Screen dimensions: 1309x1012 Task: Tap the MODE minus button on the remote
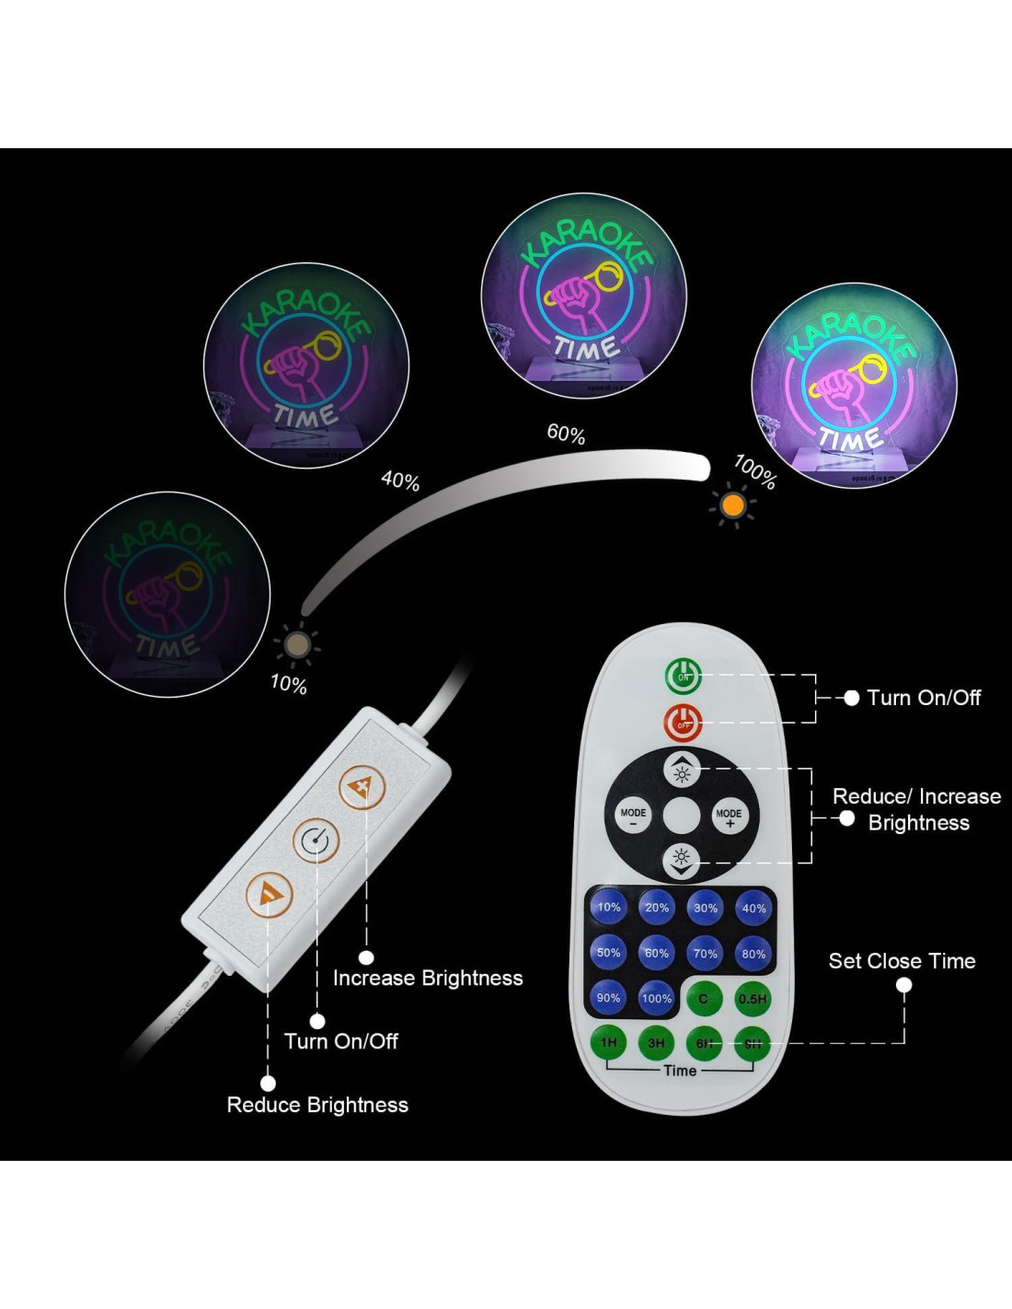pyautogui.click(x=633, y=816)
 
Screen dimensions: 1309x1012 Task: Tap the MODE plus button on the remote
pyautogui.click(x=729, y=816)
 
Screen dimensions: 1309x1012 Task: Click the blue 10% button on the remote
pyautogui.click(x=608, y=908)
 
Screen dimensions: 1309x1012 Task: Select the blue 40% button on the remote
pyautogui.click(x=753, y=909)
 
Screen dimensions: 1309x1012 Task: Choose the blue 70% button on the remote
pyautogui.click(x=705, y=954)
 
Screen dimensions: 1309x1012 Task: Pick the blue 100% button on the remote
pyautogui.click(x=656, y=999)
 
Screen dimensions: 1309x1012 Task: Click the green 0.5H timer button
pyautogui.click(x=753, y=999)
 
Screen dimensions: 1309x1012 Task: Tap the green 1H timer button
pyautogui.click(x=608, y=1043)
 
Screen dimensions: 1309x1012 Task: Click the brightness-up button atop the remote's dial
pyautogui.click(x=682, y=770)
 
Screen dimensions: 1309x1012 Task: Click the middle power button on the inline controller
pyautogui.click(x=316, y=840)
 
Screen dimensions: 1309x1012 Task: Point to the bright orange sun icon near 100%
pyautogui.click(x=733, y=504)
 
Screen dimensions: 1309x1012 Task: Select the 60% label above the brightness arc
pyautogui.click(x=566, y=433)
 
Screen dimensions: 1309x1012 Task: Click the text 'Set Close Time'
pyautogui.click(x=902, y=961)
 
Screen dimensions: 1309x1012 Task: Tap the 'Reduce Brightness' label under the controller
pyautogui.click(x=317, y=1105)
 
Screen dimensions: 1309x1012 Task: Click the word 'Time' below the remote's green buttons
pyautogui.click(x=680, y=1071)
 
